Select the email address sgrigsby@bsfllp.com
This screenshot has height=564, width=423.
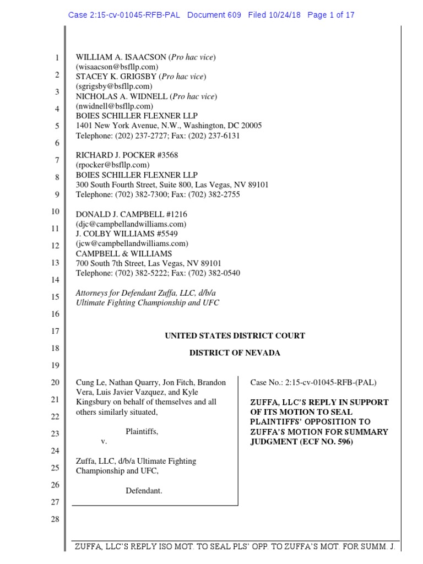(x=113, y=86)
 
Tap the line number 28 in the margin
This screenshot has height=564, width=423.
(x=55, y=519)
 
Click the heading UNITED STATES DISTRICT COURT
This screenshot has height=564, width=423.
(x=235, y=335)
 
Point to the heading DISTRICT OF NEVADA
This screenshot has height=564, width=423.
(x=235, y=353)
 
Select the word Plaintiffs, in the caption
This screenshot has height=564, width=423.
(x=142, y=431)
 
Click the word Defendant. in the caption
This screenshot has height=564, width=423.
(x=144, y=491)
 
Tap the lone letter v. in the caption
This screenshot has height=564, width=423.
(x=103, y=442)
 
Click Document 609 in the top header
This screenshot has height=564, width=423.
(x=214, y=15)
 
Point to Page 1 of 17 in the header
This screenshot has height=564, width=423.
(x=331, y=15)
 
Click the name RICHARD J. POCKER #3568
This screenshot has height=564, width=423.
(x=127, y=155)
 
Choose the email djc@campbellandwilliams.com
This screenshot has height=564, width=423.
(x=131, y=224)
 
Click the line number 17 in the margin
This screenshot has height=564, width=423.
(x=55, y=332)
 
